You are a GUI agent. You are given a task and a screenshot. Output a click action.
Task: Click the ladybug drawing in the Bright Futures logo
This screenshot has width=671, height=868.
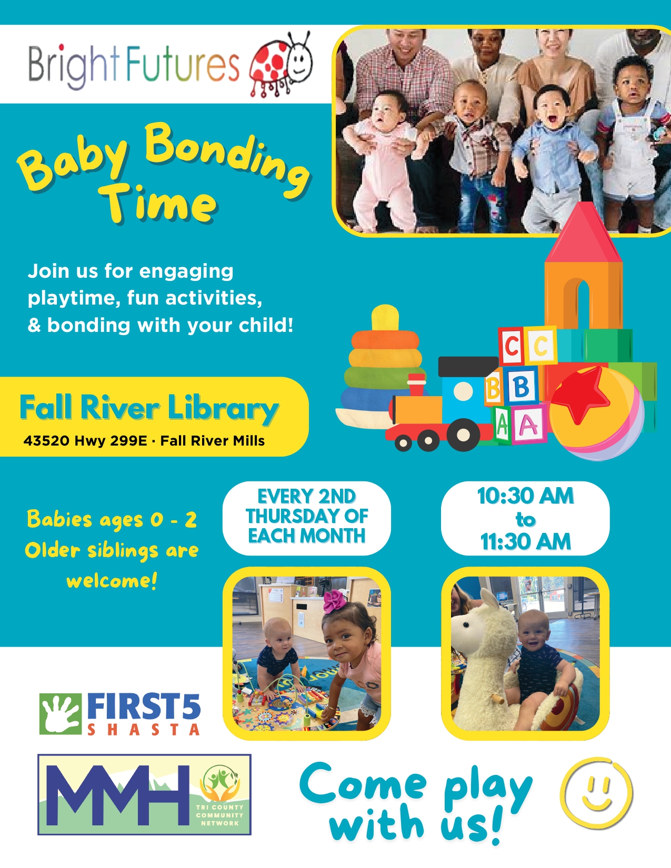281,64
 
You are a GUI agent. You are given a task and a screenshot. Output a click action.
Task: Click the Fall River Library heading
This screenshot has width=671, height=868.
148,407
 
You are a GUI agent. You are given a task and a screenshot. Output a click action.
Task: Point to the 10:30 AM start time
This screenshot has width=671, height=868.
525,496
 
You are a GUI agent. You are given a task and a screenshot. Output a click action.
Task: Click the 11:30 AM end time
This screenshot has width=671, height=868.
525,542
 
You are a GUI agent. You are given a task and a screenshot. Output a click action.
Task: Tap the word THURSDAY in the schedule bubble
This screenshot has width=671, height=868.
306,516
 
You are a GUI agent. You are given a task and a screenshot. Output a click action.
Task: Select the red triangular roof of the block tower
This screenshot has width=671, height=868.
584,233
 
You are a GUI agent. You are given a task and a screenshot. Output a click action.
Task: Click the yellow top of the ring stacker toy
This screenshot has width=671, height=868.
385,318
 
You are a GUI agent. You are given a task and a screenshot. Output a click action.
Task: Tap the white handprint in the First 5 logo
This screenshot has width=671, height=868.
61,714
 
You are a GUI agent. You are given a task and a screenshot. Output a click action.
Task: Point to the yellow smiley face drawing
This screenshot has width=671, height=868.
597,793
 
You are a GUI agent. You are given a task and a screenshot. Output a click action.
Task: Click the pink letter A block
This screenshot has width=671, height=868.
529,423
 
